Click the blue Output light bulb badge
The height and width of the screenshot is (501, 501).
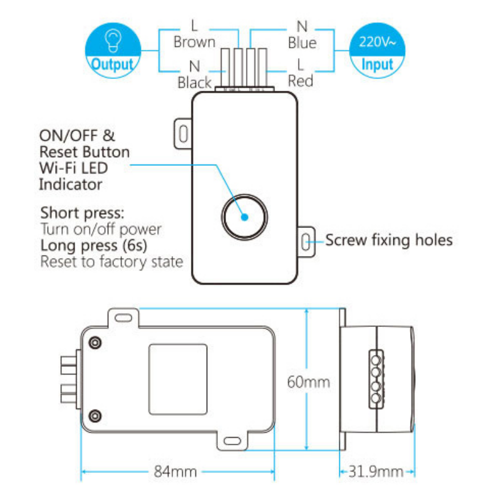(x=111, y=50)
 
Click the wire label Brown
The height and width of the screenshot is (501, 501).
(x=194, y=43)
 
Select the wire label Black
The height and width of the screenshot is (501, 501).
(x=194, y=81)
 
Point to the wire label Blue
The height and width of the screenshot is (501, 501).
(x=302, y=43)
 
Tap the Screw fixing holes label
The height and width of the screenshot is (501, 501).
(x=388, y=240)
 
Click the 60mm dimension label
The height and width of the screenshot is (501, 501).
(x=308, y=382)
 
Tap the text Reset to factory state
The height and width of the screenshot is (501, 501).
(x=111, y=261)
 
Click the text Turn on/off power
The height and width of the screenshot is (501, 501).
(x=101, y=229)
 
